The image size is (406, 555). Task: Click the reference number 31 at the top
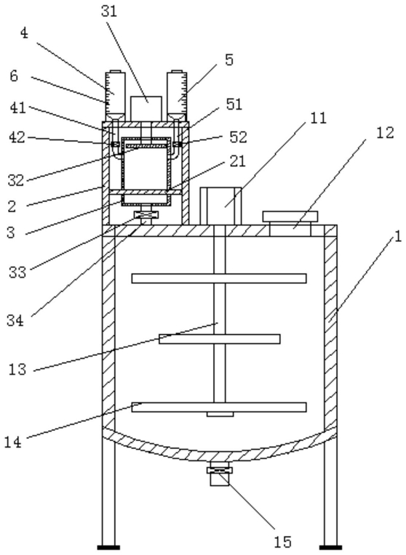[x=109, y=11]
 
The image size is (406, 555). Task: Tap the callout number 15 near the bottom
[x=282, y=541]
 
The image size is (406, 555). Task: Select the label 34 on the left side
[x=15, y=320]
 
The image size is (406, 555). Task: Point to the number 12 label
[x=386, y=133]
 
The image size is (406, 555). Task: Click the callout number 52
[x=238, y=137]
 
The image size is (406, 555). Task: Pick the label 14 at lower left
[x=13, y=442]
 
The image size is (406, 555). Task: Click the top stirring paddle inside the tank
[x=219, y=278]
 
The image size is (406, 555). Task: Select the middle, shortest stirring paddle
[x=220, y=339]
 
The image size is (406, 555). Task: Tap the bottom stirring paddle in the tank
[x=219, y=407]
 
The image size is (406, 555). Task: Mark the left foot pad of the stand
[x=108, y=547]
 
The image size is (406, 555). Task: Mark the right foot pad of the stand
[x=330, y=547]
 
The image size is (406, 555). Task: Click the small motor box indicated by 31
[x=146, y=109]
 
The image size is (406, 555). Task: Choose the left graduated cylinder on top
[x=114, y=96]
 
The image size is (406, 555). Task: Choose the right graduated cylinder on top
[x=177, y=96]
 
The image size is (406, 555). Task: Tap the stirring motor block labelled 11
[x=220, y=206]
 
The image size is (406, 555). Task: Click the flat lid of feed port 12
[x=290, y=216]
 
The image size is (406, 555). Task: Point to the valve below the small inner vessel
[x=146, y=215]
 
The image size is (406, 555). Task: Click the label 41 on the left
[x=18, y=108]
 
